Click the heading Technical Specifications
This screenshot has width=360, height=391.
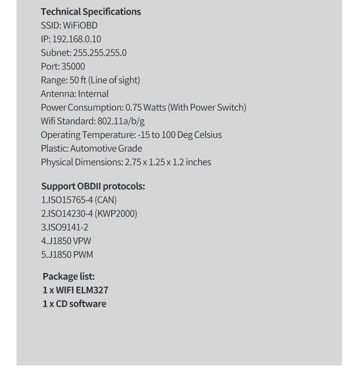click(91, 12)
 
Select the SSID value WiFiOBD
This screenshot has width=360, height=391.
click(80, 26)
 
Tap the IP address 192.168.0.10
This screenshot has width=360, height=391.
click(77, 39)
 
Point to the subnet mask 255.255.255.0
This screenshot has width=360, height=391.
click(100, 53)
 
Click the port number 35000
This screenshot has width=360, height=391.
click(73, 67)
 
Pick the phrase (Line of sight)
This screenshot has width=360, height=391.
click(114, 80)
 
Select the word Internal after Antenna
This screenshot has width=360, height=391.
click(93, 94)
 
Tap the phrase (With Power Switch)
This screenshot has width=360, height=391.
click(207, 108)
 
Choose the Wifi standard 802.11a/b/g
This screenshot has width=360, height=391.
click(121, 121)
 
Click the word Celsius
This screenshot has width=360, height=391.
click(208, 135)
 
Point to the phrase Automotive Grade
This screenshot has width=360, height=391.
click(106, 149)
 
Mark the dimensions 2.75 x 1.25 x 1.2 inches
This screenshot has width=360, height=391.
click(168, 162)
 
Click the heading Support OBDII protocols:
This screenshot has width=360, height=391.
click(93, 186)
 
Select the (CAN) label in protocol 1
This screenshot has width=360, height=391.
click(106, 200)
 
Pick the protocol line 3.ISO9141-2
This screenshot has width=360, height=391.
click(65, 227)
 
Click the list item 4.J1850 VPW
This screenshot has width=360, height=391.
click(66, 241)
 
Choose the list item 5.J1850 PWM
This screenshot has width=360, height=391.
click(67, 255)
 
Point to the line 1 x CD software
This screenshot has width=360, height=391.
click(74, 304)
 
